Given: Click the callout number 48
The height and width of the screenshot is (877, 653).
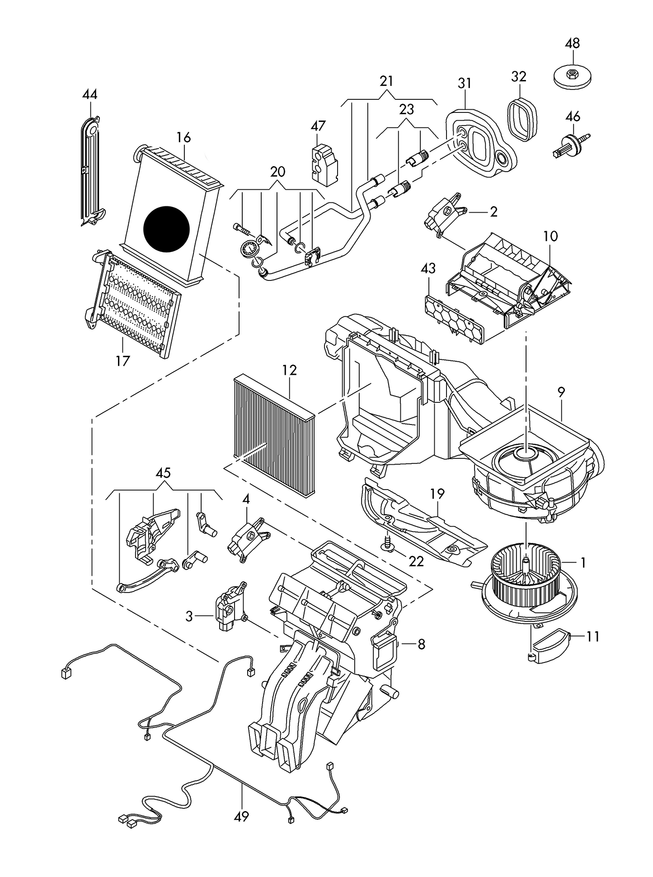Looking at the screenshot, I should point(572,43).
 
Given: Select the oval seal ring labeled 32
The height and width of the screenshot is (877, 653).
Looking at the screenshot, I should point(524,119).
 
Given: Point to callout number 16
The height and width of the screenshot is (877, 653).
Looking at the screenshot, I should point(183,137).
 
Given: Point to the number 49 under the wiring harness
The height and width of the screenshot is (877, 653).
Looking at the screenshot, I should point(242,816).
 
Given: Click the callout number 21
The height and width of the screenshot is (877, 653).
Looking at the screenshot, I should point(386,81).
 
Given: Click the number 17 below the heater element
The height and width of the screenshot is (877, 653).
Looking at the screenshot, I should point(122,361).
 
